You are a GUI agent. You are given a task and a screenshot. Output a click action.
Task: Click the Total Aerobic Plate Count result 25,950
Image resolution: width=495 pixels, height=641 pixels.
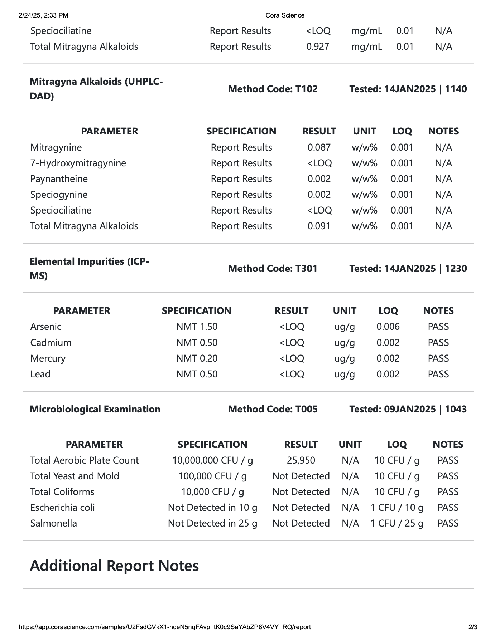pos(301,460)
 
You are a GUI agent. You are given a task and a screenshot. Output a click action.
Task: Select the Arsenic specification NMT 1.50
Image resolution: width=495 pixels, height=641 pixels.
pos(197,327)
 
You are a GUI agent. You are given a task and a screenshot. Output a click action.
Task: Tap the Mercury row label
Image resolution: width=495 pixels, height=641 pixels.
pos(48,358)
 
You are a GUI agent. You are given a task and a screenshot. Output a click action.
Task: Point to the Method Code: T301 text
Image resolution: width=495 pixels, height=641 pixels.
pos(273,269)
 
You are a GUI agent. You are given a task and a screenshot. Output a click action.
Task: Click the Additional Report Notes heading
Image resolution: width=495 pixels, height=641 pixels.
pos(114,566)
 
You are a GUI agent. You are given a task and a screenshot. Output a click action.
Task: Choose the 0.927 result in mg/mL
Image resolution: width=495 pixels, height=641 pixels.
pos(318,47)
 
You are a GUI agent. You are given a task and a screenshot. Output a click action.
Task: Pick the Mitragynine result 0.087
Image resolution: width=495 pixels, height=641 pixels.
pos(319,147)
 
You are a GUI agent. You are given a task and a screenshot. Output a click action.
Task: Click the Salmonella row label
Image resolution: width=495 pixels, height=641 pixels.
pos(54,523)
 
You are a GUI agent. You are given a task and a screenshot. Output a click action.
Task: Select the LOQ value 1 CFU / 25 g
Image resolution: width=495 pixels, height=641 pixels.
pos(397,523)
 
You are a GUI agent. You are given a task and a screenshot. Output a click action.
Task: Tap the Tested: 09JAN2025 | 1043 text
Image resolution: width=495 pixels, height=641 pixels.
pos(408,409)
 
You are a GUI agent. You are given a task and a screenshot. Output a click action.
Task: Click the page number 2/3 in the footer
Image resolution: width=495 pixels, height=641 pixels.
pos(473,627)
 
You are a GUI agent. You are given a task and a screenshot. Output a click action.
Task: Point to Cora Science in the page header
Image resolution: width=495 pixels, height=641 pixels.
pos(285,15)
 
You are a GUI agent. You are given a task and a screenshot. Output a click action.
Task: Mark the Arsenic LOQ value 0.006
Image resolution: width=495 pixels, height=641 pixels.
pos(388,327)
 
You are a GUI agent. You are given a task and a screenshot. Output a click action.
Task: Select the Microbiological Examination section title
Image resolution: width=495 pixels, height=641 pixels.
pos(95,409)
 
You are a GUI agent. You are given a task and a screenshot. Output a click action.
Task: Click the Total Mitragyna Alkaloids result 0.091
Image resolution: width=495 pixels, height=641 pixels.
pos(319,226)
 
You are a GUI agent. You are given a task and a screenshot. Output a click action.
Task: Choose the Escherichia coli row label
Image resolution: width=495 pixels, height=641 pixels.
pos(63,508)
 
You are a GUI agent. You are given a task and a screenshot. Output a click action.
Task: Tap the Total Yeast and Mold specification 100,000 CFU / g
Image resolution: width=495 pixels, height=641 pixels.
pos(212,476)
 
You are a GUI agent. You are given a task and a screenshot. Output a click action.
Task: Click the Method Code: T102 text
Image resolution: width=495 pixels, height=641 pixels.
pos(273,89)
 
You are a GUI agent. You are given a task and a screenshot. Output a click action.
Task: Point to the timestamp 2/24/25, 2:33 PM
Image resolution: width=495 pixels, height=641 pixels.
pos(43,15)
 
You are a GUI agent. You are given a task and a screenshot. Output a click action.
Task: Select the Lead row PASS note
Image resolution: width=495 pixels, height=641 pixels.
pos(438,374)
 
